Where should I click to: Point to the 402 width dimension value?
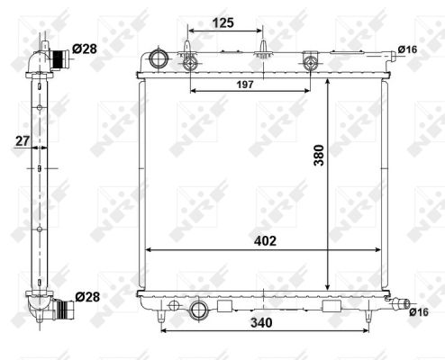point(264,241)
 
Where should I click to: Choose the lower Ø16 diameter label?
point(418,312)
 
